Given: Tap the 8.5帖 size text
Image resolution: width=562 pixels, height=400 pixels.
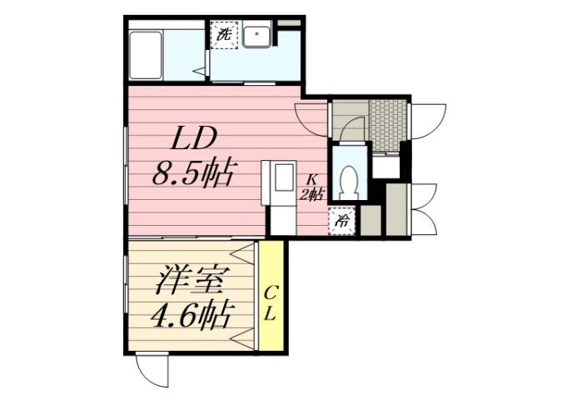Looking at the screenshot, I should (x=191, y=174).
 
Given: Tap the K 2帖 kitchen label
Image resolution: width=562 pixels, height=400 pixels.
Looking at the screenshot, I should (x=311, y=187).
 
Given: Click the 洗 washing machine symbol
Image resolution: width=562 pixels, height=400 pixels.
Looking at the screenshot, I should (x=224, y=35).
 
